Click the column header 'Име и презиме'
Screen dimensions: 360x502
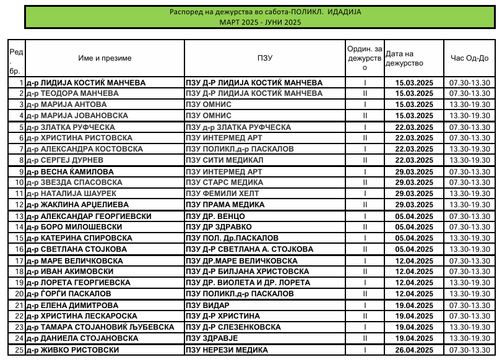105,58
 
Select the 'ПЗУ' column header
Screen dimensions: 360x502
265,58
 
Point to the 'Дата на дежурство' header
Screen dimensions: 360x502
404,58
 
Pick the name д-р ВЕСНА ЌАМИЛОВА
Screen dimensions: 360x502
69,171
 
